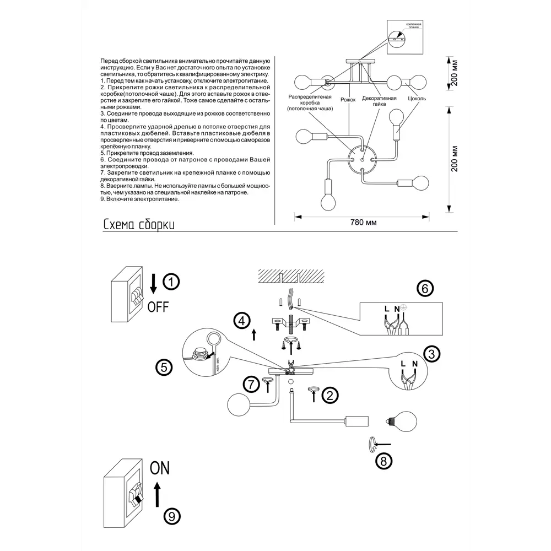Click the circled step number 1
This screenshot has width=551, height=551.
(172, 282)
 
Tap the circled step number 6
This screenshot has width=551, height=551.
(424, 288)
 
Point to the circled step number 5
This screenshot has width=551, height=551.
(164, 368)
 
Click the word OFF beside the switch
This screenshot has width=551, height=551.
(158, 306)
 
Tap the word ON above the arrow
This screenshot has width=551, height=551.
(160, 468)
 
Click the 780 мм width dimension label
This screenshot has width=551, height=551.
(363, 223)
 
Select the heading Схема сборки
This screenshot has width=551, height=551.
(139, 225)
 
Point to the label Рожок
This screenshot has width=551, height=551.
(348, 99)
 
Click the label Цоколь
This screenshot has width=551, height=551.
(417, 99)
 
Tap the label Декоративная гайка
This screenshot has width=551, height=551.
(379, 101)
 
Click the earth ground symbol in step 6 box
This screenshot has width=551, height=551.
(403, 306)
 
